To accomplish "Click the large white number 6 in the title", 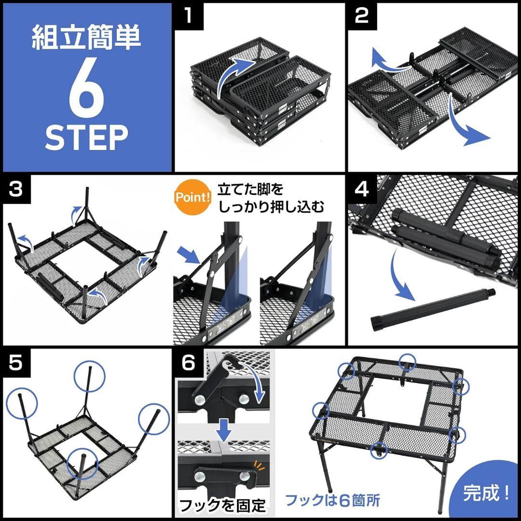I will (x=87, y=90).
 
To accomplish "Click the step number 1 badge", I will (x=189, y=16).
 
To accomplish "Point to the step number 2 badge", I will (x=362, y=16).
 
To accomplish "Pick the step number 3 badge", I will (x=16, y=189).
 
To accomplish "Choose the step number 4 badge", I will (x=362, y=189).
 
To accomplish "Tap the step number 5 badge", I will (x=16, y=363).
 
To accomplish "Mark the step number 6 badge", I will (x=189, y=363).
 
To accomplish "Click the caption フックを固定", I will (x=222, y=505).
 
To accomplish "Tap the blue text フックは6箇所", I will (x=332, y=500).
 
